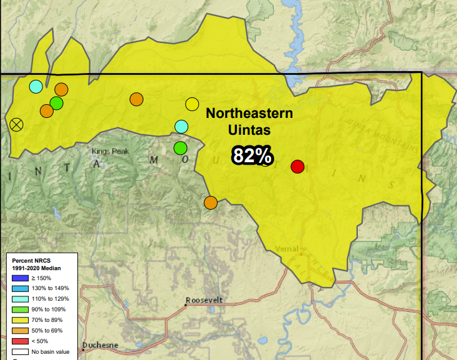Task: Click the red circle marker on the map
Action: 297,167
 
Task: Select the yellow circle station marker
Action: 192,104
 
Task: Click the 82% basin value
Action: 252,155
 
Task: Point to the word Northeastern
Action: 249,114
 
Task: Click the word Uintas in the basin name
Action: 249,130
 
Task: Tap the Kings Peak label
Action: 109,151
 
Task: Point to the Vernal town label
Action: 287,248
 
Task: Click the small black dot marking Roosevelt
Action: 185,304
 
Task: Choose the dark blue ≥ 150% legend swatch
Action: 21,278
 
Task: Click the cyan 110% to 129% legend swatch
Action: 21,299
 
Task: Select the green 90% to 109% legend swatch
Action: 21,310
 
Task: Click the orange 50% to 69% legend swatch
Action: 21,331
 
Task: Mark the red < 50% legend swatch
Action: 21,341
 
